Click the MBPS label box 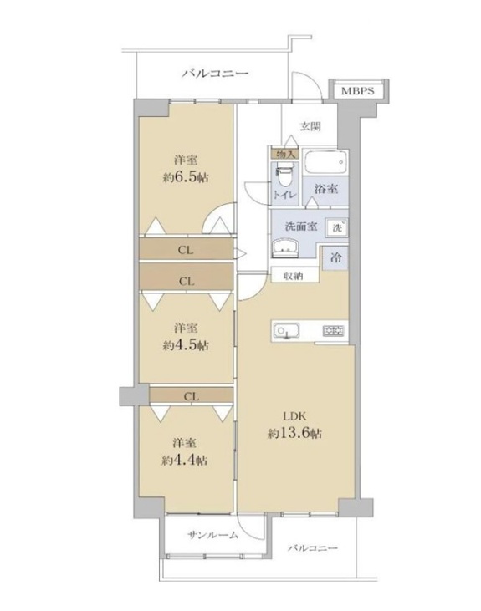358,91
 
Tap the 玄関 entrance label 310,126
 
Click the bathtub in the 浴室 325,163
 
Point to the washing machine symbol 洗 337,227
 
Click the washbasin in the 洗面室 285,248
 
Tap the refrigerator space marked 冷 335,257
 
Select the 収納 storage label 294,277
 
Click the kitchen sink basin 286,331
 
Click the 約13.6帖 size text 294,433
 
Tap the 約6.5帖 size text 186,178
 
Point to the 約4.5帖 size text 186,345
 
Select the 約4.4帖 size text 185,461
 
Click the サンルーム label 212,535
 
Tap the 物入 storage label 285,154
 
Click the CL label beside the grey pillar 192,396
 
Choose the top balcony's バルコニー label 215,73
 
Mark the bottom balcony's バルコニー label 313,548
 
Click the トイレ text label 285,195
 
